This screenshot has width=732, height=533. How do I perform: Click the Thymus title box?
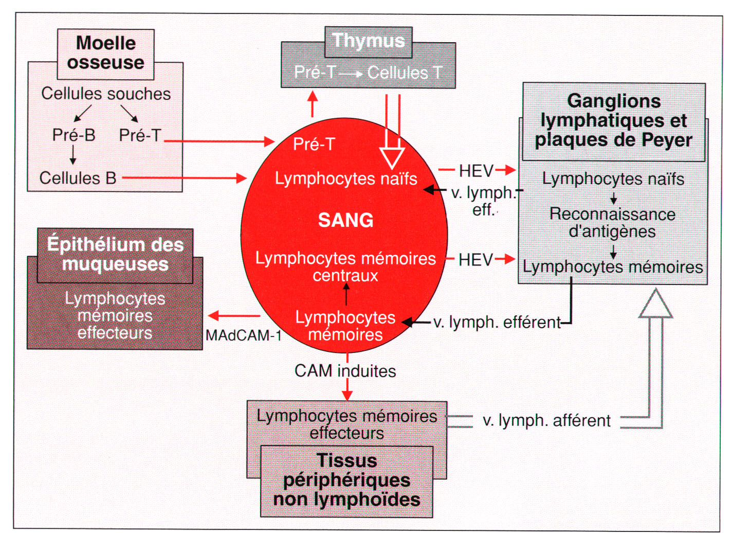(x=368, y=42)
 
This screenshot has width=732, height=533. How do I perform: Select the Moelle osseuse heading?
(x=105, y=52)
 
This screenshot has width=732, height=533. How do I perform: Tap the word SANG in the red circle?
(x=346, y=220)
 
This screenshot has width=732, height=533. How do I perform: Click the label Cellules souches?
(x=106, y=94)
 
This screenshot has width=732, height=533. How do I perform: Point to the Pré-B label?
(x=74, y=135)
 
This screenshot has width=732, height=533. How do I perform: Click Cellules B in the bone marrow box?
(x=78, y=178)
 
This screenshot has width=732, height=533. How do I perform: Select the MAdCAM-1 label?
(x=244, y=335)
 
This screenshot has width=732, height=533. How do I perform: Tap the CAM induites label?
(x=345, y=371)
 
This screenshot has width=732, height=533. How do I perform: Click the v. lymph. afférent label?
(x=546, y=420)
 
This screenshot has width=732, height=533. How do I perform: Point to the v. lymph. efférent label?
(x=497, y=323)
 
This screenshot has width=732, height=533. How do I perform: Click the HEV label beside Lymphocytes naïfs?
(x=476, y=171)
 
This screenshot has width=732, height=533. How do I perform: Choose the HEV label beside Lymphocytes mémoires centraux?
(x=476, y=260)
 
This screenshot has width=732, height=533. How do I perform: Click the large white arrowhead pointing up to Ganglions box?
(x=655, y=304)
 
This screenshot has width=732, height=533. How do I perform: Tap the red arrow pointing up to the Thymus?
(x=313, y=104)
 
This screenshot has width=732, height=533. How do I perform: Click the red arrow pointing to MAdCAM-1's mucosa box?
(x=234, y=316)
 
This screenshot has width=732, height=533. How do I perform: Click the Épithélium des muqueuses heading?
(x=115, y=254)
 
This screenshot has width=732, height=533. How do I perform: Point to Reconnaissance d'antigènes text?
(x=612, y=223)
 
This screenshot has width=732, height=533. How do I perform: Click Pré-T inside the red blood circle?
(x=314, y=144)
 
